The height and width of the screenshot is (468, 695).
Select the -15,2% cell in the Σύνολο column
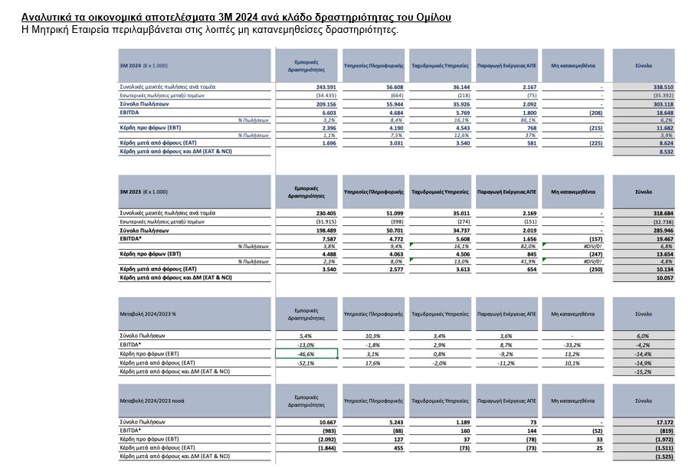[643, 371]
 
